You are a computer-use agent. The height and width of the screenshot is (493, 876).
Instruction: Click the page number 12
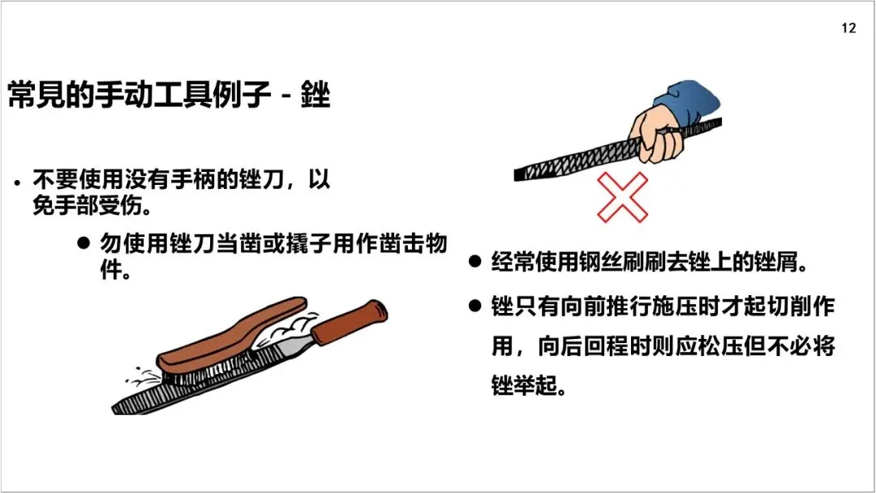(x=848, y=28)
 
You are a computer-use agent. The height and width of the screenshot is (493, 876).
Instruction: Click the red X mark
(x=622, y=197)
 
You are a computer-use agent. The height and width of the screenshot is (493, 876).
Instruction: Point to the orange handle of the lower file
(x=349, y=323)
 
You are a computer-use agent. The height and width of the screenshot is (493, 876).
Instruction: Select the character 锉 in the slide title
(x=316, y=94)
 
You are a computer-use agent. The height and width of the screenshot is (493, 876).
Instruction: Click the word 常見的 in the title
(x=51, y=94)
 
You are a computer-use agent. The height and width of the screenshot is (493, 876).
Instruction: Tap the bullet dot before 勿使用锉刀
(x=84, y=243)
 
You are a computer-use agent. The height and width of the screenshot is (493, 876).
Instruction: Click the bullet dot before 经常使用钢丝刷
(x=474, y=261)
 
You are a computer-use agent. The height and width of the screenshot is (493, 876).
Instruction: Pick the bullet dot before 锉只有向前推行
(x=474, y=306)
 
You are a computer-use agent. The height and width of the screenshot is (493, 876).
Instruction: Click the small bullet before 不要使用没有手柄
(x=18, y=182)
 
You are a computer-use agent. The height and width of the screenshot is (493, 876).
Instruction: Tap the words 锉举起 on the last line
(x=524, y=385)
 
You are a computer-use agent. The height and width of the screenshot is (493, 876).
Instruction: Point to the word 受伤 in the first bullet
(x=124, y=205)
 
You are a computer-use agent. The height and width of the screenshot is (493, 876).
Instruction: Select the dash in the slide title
(x=286, y=95)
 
